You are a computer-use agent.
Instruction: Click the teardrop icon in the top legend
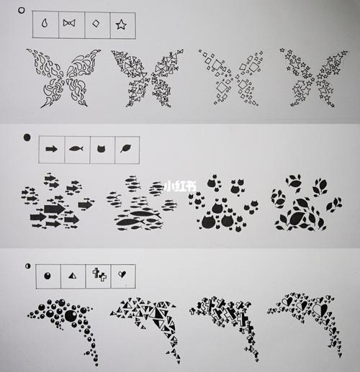pos(48,24)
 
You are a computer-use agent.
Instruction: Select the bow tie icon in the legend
pos(70,24)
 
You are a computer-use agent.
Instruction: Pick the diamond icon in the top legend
pos(95,24)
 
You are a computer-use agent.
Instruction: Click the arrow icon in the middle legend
pos(51,149)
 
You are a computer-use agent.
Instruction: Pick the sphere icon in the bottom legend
pos(48,275)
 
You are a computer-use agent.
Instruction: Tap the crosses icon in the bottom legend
pos(98,275)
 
